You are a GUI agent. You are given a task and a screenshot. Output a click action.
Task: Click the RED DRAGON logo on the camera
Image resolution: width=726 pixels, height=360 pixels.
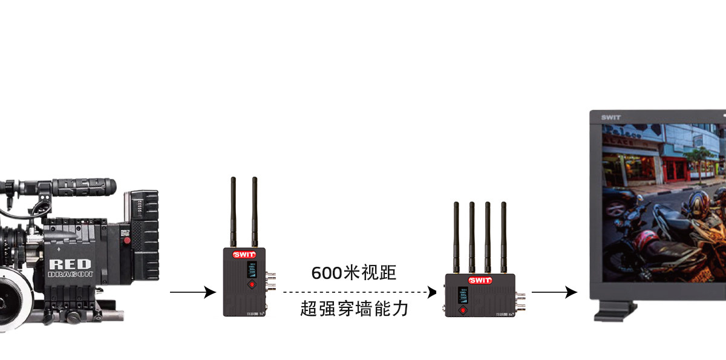click(70, 268)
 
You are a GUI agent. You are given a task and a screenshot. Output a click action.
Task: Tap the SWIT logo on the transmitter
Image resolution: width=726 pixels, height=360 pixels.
click(244, 255)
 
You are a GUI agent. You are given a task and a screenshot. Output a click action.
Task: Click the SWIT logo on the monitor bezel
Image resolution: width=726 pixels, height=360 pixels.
click(610, 117)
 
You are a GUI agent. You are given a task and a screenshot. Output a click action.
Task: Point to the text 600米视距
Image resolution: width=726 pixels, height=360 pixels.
click(354, 273)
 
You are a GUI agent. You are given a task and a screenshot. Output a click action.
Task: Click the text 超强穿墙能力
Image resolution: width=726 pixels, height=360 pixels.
click(354, 309)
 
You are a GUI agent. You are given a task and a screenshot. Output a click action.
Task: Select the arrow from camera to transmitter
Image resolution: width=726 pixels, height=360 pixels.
click(192, 293)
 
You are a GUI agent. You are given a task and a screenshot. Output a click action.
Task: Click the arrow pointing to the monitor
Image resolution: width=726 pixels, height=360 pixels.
click(554, 293)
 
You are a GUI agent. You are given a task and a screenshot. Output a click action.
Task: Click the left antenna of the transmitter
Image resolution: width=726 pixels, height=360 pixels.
click(233, 212)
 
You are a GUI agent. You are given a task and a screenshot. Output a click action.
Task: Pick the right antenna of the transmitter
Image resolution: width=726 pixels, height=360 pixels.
click(255, 212)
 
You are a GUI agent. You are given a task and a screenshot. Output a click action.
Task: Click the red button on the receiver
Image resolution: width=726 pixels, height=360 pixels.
click(463, 310)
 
